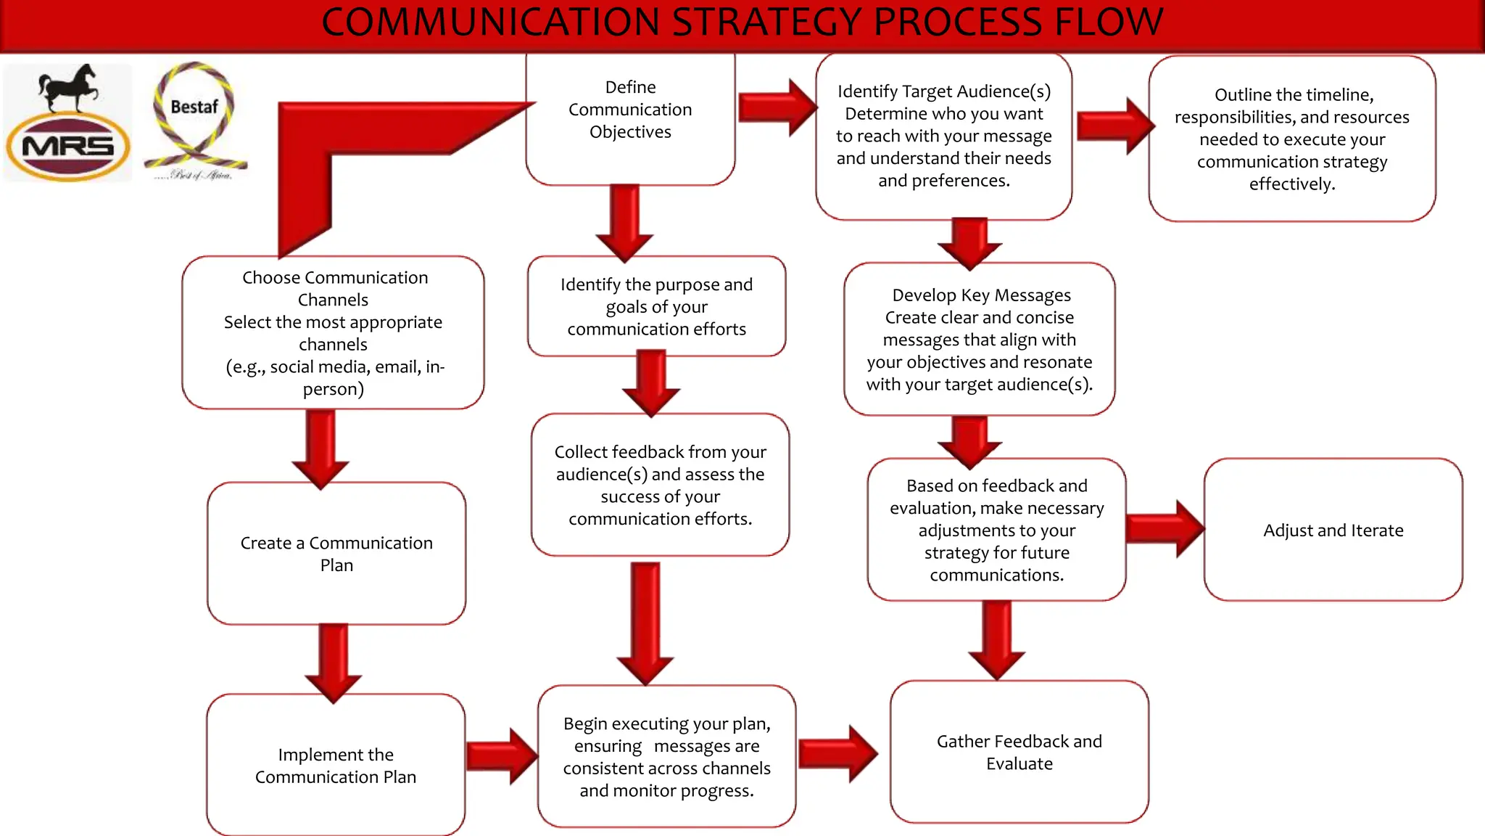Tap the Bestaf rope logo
(194, 120)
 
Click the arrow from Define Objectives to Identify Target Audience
(776, 107)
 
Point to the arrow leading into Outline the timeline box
(1114, 126)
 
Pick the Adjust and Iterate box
(1333, 530)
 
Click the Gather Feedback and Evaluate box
(1019, 752)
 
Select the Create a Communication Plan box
(336, 553)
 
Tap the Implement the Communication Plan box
(336, 765)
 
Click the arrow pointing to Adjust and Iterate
(1165, 528)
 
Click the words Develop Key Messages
(981, 295)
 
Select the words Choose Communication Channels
(334, 288)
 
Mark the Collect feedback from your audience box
(660, 485)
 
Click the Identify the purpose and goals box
(656, 306)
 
